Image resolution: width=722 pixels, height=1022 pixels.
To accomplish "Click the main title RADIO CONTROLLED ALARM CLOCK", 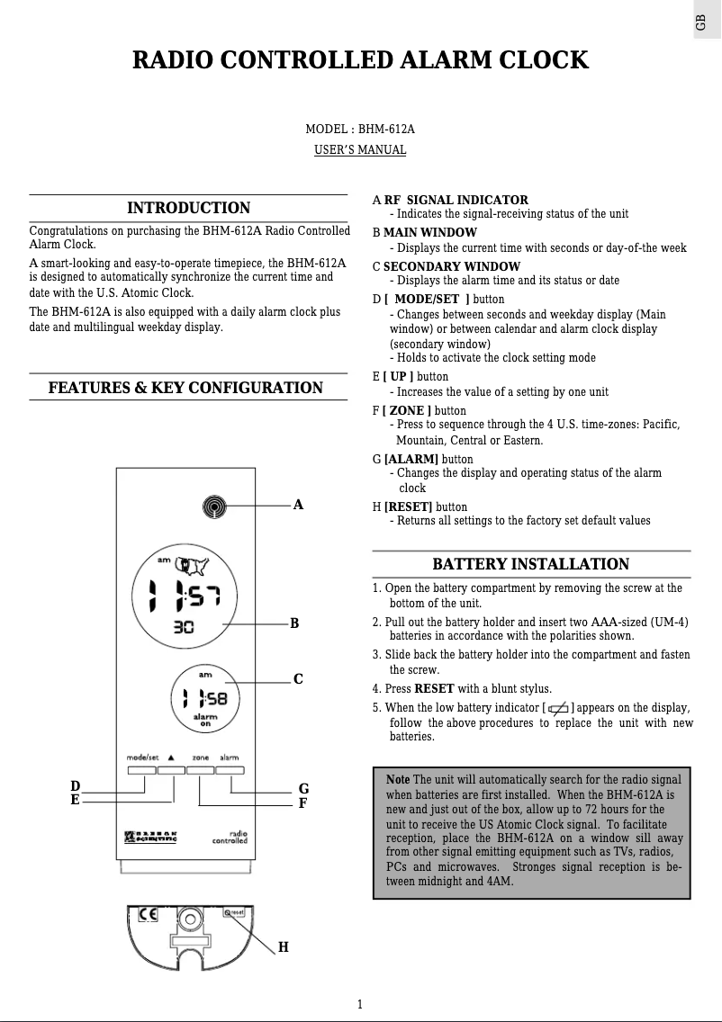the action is point(360,61).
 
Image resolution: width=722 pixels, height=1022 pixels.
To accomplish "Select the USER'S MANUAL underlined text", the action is point(360,149).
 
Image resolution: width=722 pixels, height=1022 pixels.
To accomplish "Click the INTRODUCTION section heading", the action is point(188,209).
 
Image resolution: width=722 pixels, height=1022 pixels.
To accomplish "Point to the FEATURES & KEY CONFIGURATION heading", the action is point(185,388).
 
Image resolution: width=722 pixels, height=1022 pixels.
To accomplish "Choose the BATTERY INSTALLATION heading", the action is point(531,564).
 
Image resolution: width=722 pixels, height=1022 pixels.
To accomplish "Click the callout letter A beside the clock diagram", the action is point(298,506).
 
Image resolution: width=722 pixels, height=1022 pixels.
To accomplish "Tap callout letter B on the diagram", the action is point(294,623).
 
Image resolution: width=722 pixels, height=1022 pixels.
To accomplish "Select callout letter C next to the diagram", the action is point(298,679).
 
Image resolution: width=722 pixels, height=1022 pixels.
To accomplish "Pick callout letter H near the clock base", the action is point(283,947).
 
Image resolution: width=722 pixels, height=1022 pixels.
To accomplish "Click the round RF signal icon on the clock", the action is point(213,507).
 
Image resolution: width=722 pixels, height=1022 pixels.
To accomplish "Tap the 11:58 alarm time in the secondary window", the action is point(205,698).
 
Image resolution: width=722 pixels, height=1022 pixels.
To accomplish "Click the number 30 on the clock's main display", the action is point(184,628).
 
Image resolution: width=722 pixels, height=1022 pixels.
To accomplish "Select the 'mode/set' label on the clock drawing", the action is point(142,758).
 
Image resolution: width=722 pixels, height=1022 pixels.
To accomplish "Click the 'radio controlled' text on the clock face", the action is point(230,838).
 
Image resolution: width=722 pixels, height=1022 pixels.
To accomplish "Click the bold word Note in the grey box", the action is point(397,778).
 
